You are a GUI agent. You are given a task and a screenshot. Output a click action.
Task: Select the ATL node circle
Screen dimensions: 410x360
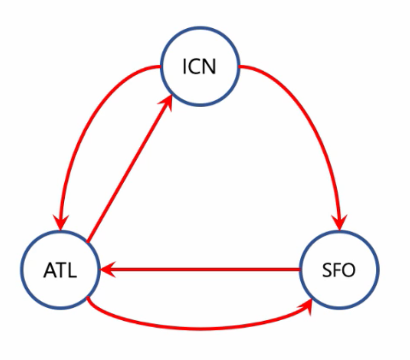59,270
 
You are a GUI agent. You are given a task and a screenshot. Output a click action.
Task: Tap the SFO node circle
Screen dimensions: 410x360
339,270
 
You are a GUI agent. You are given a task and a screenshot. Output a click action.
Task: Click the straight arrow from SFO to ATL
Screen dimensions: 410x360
201,270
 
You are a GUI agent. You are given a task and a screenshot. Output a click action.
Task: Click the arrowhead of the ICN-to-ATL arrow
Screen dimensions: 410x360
61,221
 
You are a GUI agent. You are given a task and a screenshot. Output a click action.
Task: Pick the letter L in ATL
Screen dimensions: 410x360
72,271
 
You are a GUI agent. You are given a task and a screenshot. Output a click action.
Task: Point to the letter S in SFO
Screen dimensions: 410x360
327,271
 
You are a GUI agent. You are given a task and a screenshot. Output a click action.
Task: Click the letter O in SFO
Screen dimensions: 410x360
349,271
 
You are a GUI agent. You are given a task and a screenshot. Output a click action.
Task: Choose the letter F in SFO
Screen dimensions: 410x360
336,271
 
